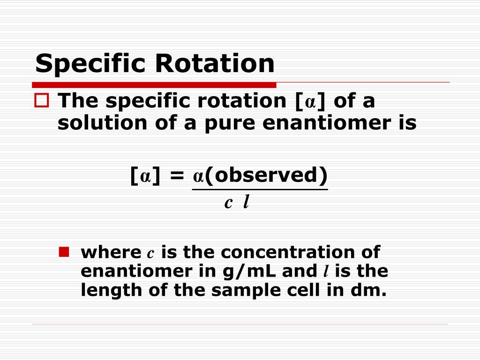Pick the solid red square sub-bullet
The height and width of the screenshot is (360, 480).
(64, 253)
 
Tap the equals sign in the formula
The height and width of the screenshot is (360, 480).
(177, 176)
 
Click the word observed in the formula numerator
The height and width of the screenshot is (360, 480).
(265, 175)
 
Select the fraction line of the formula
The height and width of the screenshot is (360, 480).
(260, 189)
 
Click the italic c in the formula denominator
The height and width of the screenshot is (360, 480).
(228, 203)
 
